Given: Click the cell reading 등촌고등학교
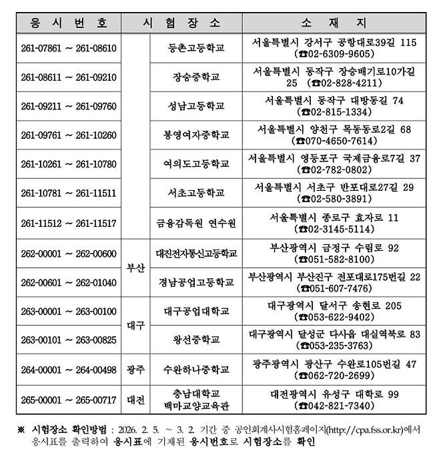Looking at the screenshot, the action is pos(195,48).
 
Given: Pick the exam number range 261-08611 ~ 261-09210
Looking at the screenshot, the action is pos(69,77).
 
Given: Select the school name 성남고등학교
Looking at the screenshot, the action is pos(195,105).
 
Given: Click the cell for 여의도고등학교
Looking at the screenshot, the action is pos(195,163).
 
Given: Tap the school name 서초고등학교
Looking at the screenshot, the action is pos(195,193).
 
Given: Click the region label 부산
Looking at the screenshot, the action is pos(136,268).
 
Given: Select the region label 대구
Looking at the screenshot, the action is pos(136,325).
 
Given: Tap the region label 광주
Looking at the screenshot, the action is pos(136,369).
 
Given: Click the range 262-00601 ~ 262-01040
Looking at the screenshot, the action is pos(69,282).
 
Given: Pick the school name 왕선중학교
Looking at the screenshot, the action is pos(195,340).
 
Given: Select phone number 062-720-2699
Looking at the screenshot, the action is pos(334,376).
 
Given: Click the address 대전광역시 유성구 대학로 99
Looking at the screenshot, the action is pos(334,394).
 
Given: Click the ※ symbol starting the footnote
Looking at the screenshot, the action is pos(21,429).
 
